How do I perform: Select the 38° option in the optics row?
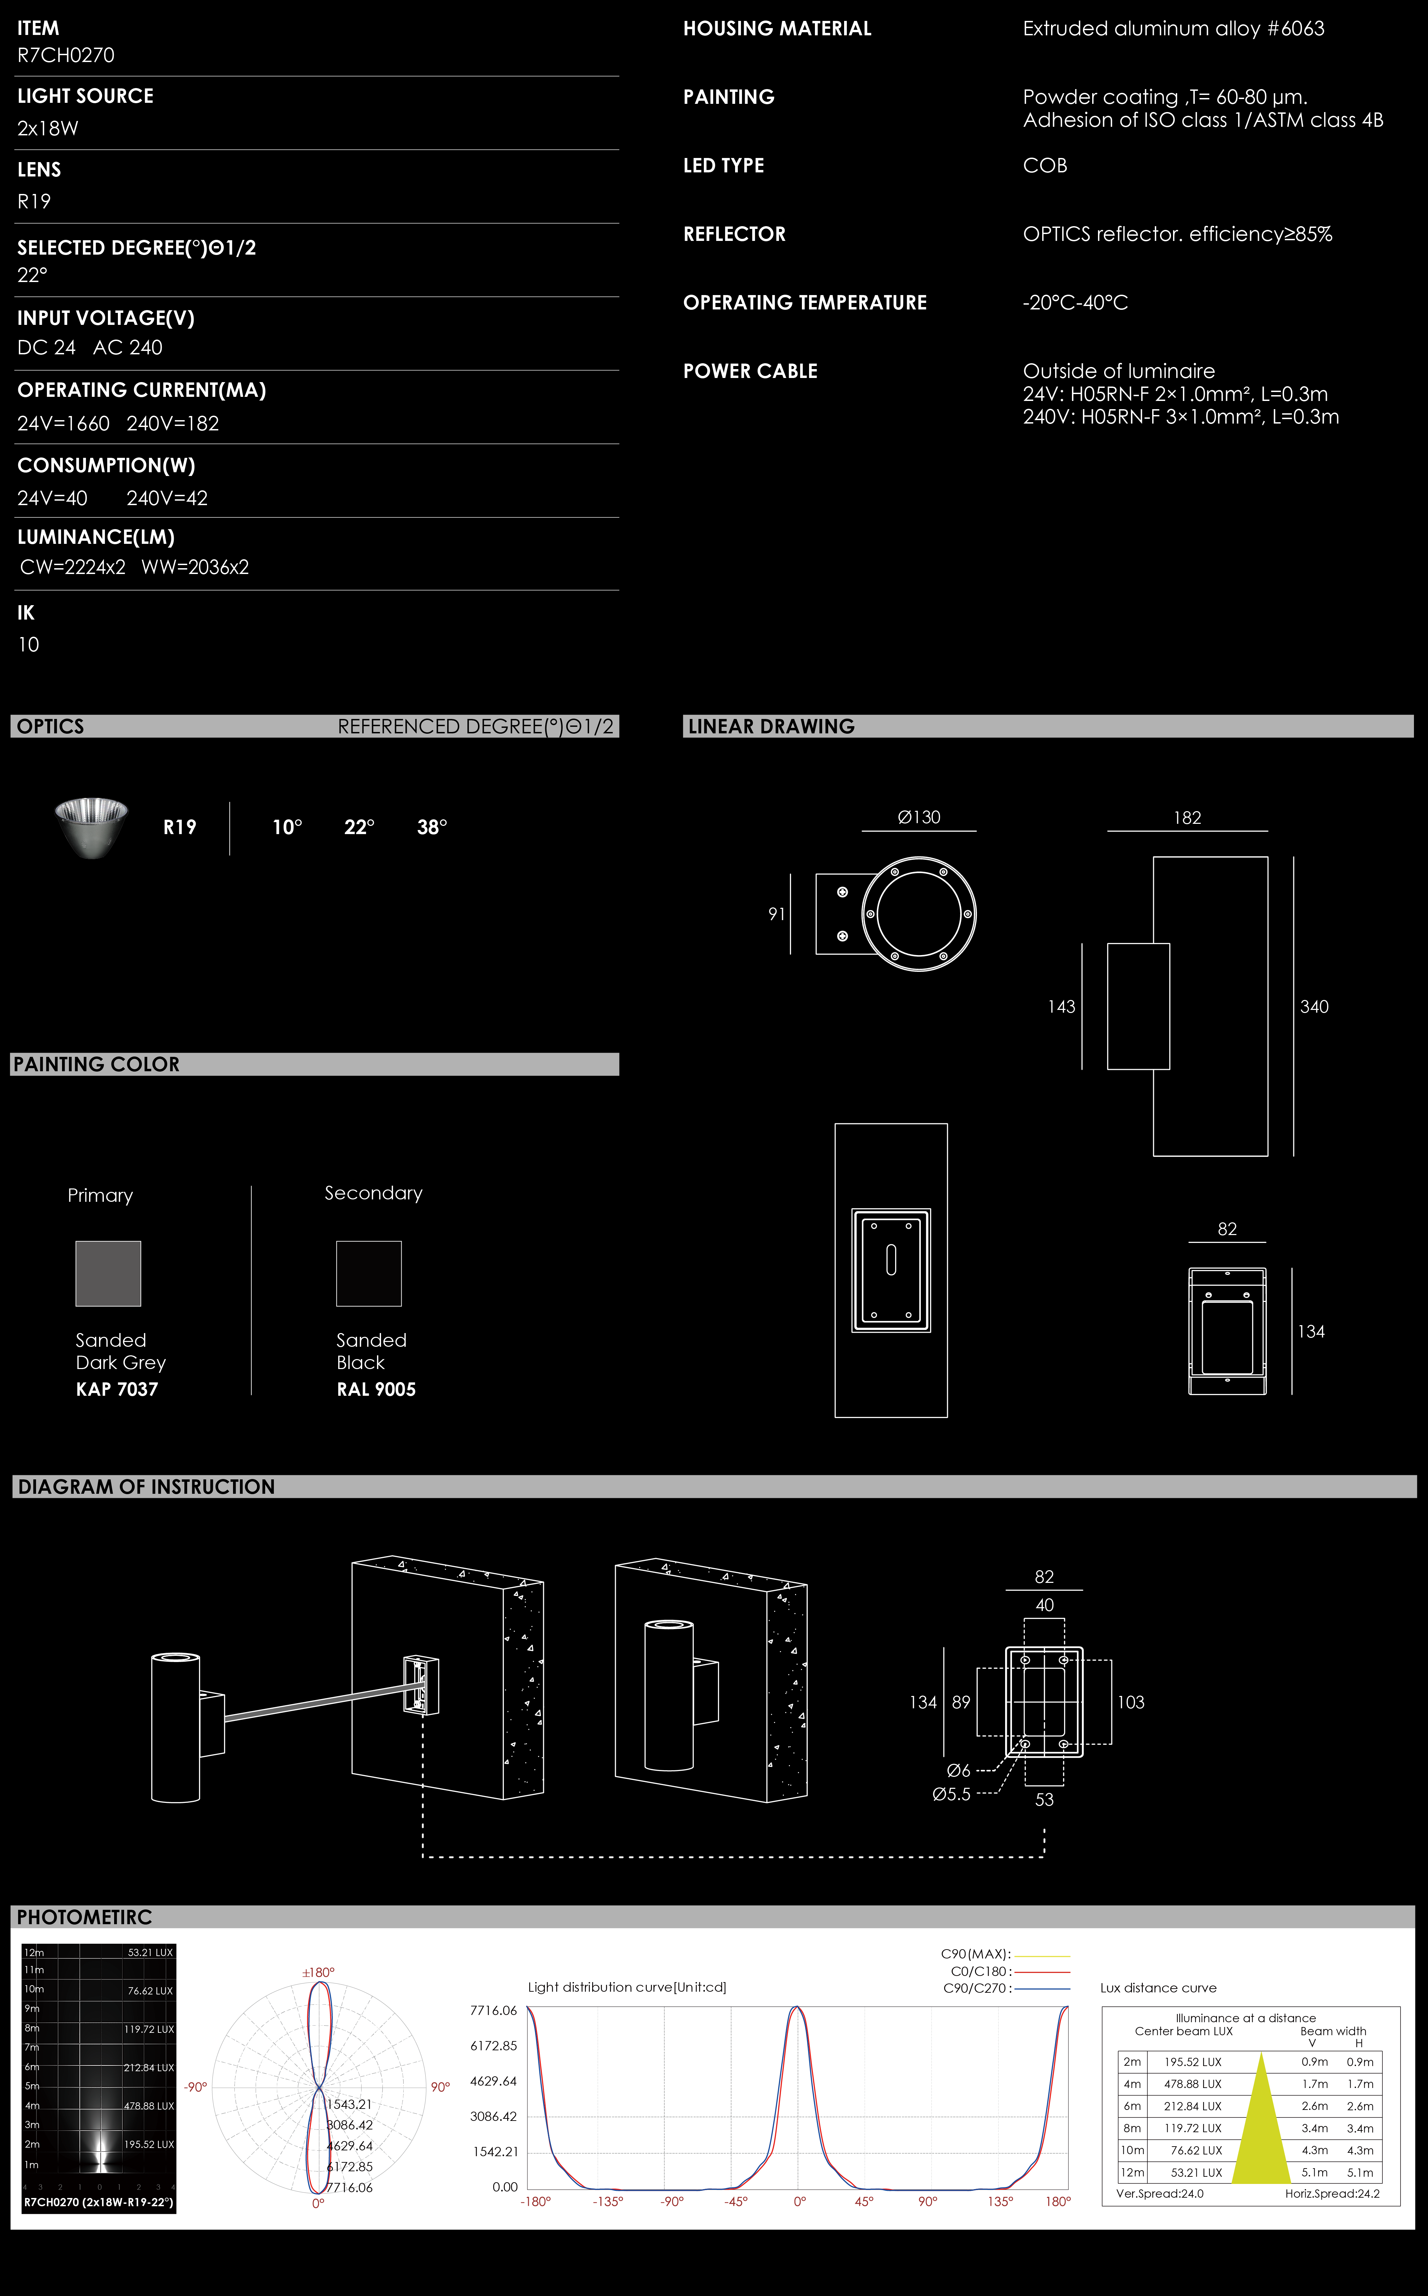(431, 827)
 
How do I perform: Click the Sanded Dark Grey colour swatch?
(109, 1273)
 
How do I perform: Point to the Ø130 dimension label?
(919, 817)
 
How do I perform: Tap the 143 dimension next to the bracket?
(1062, 1007)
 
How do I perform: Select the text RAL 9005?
(376, 1389)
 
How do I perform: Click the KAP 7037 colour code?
(117, 1389)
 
